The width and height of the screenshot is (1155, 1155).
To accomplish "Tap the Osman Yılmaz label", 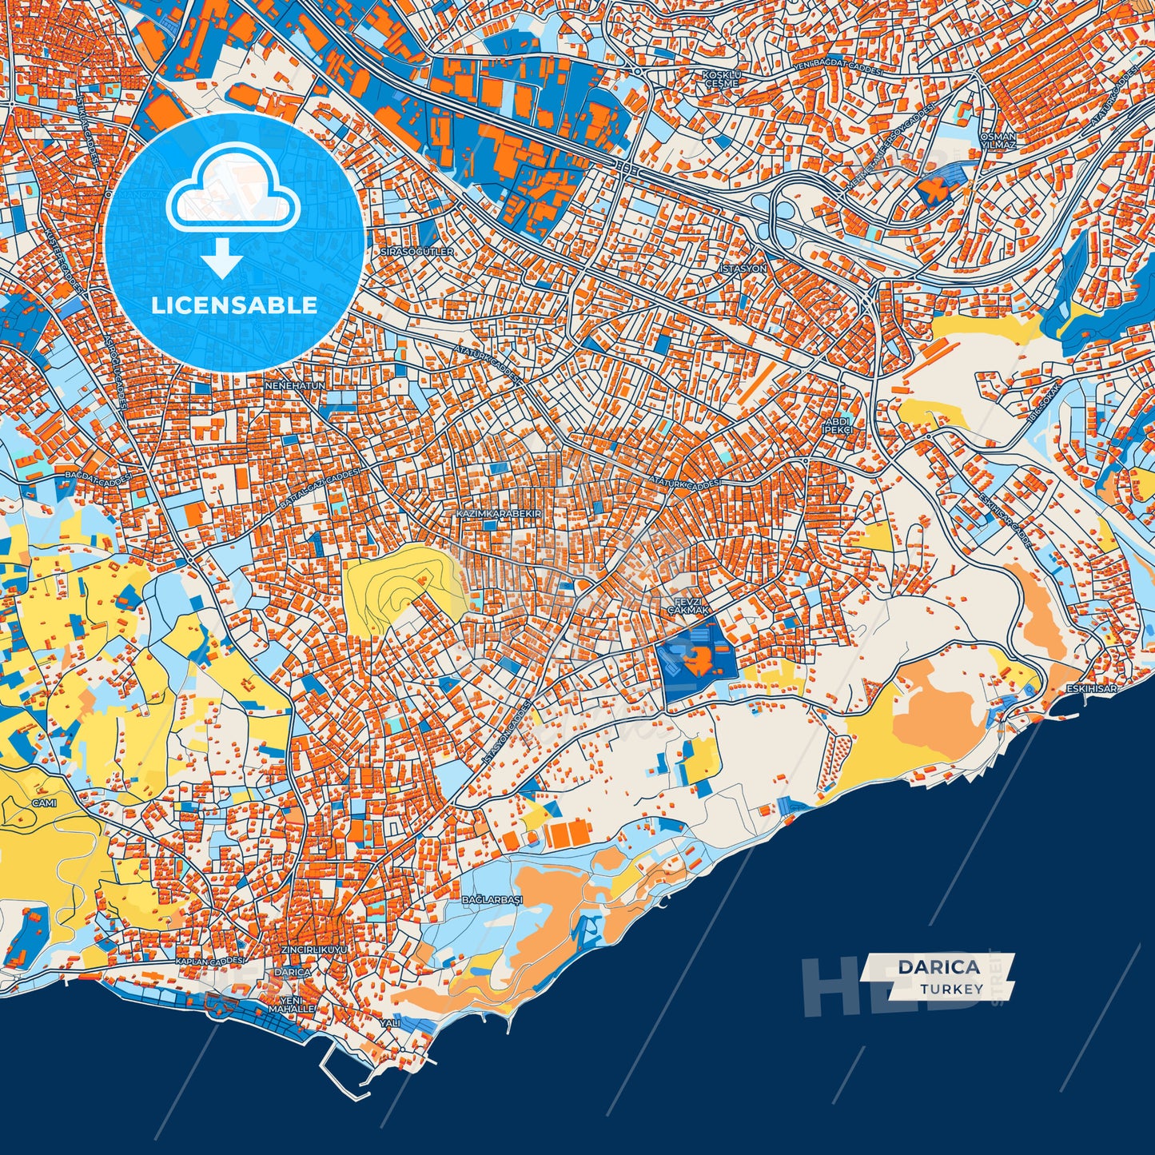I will pyautogui.click(x=998, y=141).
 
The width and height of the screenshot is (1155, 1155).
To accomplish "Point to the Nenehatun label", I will pyautogui.click(x=296, y=385).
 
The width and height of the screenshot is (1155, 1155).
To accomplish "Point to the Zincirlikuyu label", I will pyautogui.click(x=315, y=949).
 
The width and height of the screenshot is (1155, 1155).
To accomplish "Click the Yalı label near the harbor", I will pyautogui.click(x=390, y=1022).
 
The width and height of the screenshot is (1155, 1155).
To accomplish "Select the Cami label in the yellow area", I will pyautogui.click(x=44, y=803).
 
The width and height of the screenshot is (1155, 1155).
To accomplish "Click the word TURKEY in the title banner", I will pyautogui.click(x=951, y=989).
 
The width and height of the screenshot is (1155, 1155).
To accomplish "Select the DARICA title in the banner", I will pyautogui.click(x=938, y=966).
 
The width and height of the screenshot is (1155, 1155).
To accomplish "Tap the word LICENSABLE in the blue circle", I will pyautogui.click(x=234, y=305).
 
